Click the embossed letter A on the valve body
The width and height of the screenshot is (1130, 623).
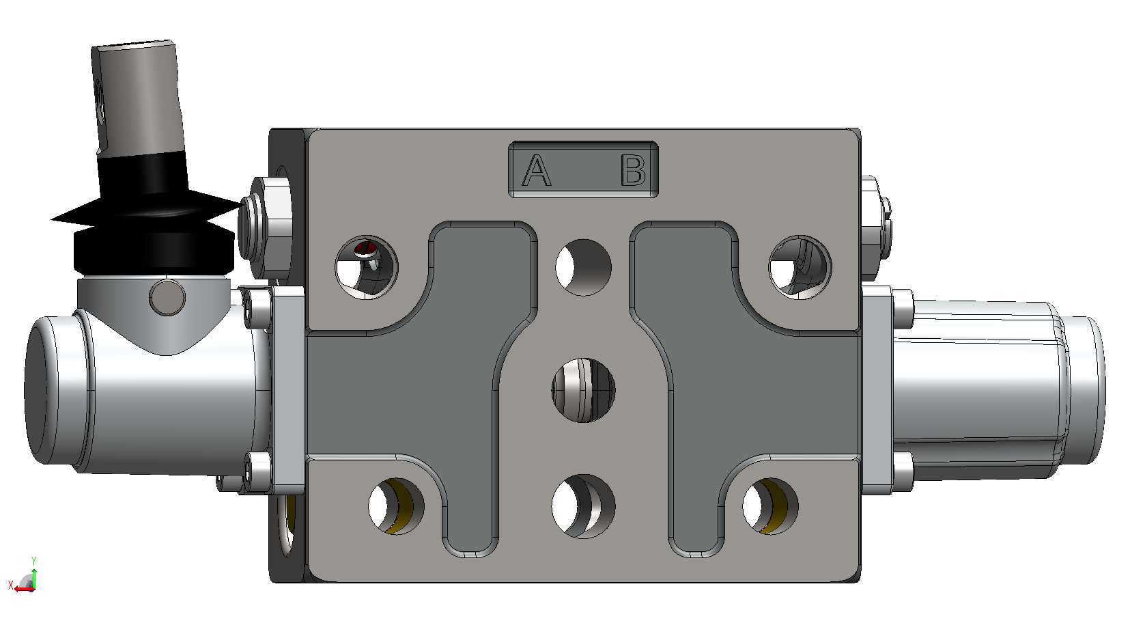[x=536, y=170]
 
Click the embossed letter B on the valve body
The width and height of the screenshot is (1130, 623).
[x=633, y=170]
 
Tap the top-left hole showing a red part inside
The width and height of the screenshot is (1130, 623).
[x=367, y=267]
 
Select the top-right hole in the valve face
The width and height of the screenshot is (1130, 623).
[x=800, y=267]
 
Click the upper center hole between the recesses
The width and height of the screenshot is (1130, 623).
[x=584, y=267]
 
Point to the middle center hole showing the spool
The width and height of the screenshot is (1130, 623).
[x=584, y=390]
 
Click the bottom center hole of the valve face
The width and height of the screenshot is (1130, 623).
[x=584, y=506]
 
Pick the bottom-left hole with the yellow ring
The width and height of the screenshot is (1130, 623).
[x=397, y=506]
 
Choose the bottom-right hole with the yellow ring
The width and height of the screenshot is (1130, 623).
[x=770, y=506]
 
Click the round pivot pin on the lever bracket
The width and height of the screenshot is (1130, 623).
[x=167, y=297]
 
